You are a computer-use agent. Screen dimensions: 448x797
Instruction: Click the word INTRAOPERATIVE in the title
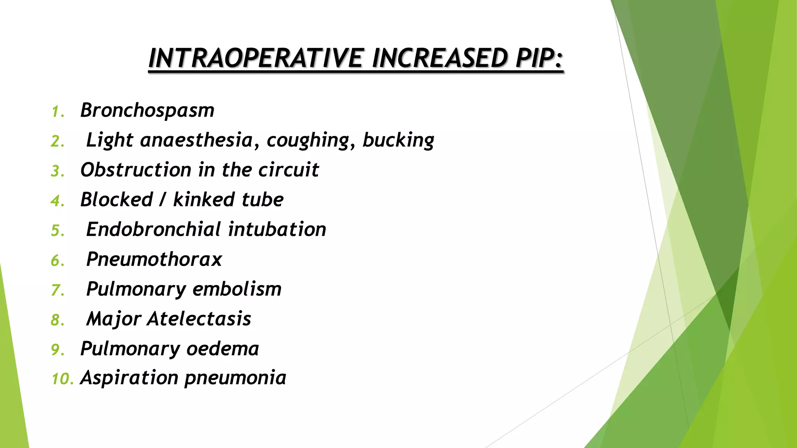point(256,58)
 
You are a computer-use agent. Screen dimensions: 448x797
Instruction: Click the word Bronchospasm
point(147,110)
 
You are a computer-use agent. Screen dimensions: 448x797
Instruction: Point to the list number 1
point(57,112)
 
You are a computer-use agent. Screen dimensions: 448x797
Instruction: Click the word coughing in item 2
point(307,140)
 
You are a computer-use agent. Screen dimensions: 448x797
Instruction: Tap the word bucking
point(398,140)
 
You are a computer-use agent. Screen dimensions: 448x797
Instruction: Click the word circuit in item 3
point(288,170)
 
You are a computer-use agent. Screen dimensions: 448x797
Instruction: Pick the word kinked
point(204,200)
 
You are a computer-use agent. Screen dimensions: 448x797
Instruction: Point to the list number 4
point(57,201)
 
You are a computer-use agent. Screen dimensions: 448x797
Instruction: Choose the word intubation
point(277,229)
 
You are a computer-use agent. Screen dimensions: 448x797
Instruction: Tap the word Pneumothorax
point(154,259)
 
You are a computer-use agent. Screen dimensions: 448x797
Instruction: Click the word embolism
point(237,289)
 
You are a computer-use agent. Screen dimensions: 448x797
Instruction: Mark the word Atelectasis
point(199,319)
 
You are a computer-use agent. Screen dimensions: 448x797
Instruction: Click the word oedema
point(222,349)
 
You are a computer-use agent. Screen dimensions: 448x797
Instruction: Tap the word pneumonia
point(235,378)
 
